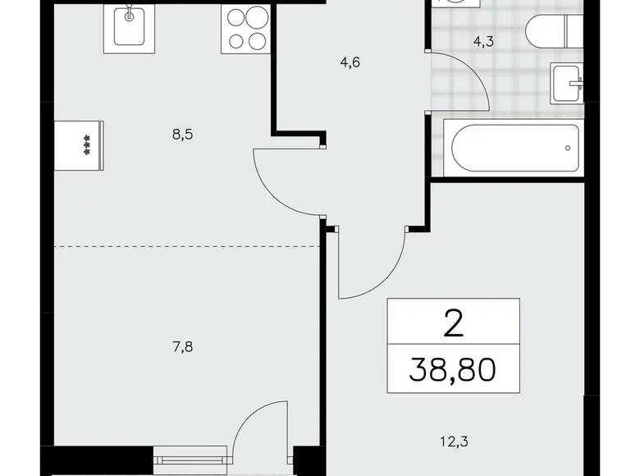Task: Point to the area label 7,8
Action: pos(182,347)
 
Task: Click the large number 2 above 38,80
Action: pos(453,323)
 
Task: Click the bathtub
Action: pos(514,149)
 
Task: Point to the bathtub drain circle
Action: pos(566,149)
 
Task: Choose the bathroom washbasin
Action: pos(567,82)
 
